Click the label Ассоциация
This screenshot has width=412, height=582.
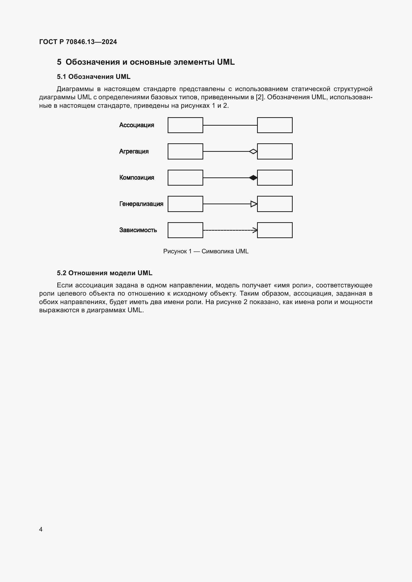(x=137, y=125)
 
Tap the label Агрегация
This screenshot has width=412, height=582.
(x=134, y=151)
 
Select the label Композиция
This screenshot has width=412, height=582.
(x=137, y=177)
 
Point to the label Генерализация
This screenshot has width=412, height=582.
(x=141, y=204)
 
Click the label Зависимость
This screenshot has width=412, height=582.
(x=138, y=230)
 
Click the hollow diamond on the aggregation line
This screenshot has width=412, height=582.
(x=253, y=152)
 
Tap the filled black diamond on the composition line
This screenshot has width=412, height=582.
(x=253, y=178)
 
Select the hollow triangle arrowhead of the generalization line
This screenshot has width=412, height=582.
(x=254, y=204)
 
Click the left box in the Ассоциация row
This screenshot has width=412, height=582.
(x=185, y=125)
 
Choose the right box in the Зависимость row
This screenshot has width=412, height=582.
(x=275, y=230)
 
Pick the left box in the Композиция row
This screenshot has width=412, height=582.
(x=185, y=177)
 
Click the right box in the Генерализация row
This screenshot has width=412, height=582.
(x=275, y=204)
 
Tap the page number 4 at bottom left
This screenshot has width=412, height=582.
(x=41, y=529)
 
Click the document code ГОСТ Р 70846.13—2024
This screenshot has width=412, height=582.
(x=78, y=42)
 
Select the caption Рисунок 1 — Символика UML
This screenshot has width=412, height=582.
(x=206, y=251)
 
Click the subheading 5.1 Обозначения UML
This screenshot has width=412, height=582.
(x=93, y=77)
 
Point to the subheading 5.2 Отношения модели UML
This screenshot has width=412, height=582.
(x=105, y=273)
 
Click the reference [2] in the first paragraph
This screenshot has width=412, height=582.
(x=260, y=97)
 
